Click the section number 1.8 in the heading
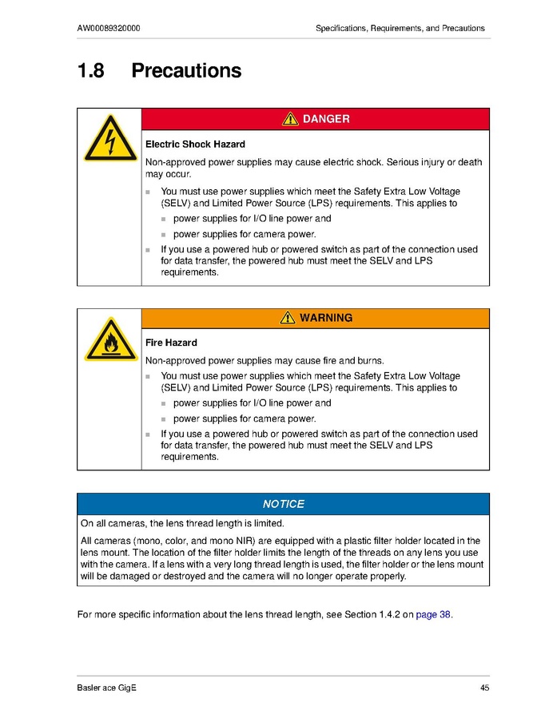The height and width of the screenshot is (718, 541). click(90, 71)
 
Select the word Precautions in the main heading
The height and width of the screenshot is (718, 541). click(186, 71)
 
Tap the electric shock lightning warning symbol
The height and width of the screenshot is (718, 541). click(109, 141)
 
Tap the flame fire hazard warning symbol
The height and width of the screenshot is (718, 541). click(109, 339)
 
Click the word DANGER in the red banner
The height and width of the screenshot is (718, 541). click(326, 119)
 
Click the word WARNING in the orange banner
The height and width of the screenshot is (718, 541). click(326, 318)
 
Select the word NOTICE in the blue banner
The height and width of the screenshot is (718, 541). click(283, 504)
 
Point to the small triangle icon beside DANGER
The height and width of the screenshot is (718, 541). click(291, 119)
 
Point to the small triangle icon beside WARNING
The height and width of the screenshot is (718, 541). click(288, 318)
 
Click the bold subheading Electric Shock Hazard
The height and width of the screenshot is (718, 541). click(195, 145)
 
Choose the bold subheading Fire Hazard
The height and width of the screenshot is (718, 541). click(171, 343)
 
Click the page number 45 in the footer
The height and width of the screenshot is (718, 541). click(484, 688)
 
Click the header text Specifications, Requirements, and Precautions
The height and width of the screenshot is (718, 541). click(400, 28)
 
